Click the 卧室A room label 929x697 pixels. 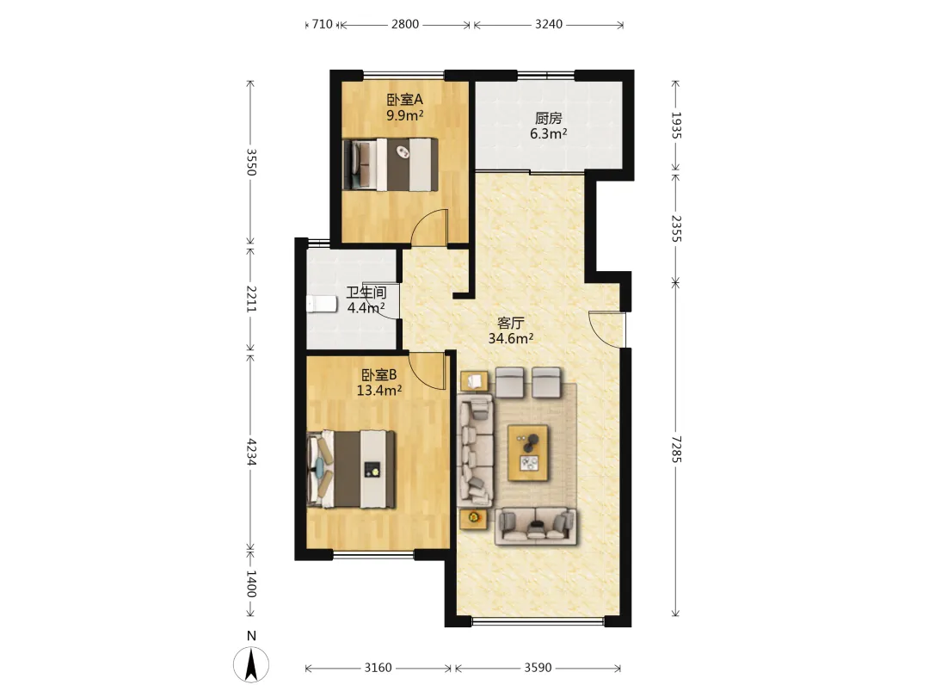pyautogui.click(x=404, y=100)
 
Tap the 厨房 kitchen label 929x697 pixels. pyautogui.click(x=548, y=119)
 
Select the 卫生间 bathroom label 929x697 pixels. pyautogui.click(x=366, y=293)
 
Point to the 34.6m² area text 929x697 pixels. pyautogui.click(x=511, y=338)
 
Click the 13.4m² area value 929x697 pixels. pyautogui.click(x=379, y=390)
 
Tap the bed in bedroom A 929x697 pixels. pyautogui.click(x=391, y=164)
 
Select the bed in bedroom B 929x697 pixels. pyautogui.click(x=351, y=469)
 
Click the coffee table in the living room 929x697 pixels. pyautogui.click(x=527, y=453)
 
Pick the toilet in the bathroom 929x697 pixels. pyautogui.click(x=321, y=304)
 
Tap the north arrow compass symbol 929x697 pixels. pyautogui.click(x=251, y=664)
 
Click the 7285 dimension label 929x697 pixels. pyautogui.click(x=677, y=449)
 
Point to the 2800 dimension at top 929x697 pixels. pyautogui.click(x=405, y=24)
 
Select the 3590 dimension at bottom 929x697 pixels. pyautogui.click(x=538, y=668)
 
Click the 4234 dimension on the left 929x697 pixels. pyautogui.click(x=251, y=452)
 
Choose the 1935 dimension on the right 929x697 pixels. pyautogui.click(x=677, y=125)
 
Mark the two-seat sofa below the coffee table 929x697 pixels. pyautogui.click(x=536, y=525)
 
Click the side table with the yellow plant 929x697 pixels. pyautogui.click(x=474, y=519)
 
